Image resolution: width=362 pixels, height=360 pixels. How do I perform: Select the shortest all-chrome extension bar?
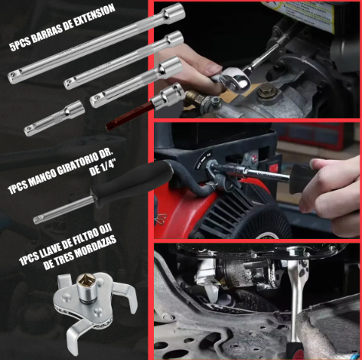54,118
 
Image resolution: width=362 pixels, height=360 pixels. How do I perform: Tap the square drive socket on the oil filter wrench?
87,284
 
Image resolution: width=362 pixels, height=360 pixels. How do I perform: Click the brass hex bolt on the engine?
266,92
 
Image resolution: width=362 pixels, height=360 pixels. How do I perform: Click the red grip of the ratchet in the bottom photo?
295,352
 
